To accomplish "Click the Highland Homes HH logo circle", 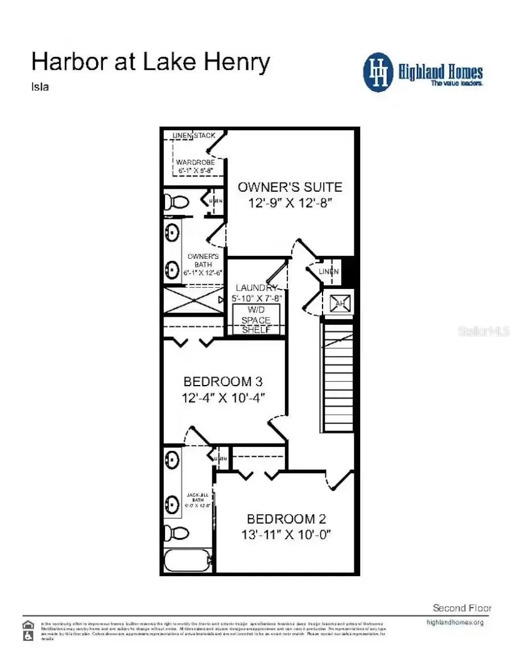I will tap(378, 72).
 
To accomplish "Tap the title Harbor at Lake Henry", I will tap(150, 62).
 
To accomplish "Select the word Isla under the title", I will tap(39, 88).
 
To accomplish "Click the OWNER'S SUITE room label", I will tap(290, 187).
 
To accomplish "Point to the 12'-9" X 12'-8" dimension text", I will tap(290, 202).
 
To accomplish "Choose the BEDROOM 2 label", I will tap(286, 519).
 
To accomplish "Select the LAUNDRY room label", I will tap(256, 288).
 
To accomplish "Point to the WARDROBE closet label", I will tap(195, 162).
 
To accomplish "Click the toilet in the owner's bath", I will tap(177, 201).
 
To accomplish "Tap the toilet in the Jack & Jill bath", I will tap(178, 533).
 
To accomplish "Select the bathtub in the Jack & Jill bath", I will tap(188, 561).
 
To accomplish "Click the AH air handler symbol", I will tap(339, 303).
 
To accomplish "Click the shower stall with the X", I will tap(193, 300).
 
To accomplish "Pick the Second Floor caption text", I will tap(462, 608).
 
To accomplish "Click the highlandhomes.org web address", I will tap(455, 622).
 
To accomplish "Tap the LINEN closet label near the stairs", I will tap(329, 272).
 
